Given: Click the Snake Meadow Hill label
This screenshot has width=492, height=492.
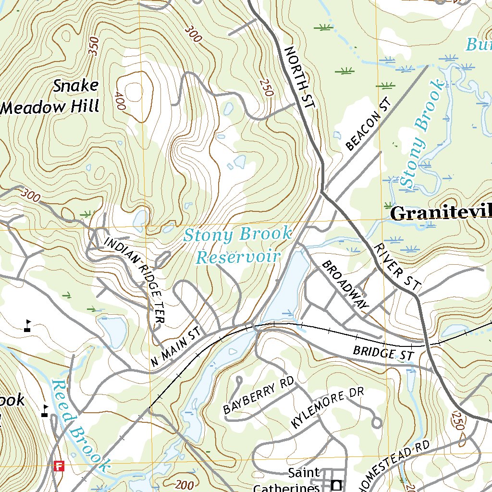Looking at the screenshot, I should (51, 96).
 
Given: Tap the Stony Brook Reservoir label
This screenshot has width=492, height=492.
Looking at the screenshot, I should (238, 246).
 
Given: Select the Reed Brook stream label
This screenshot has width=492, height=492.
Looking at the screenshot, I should (80, 426).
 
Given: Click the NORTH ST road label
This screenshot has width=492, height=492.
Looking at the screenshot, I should (298, 76).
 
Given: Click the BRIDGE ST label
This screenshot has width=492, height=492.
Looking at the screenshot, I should (383, 353).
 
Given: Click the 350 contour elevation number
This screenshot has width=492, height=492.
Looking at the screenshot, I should (93, 46).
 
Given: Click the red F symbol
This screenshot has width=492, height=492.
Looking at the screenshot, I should (60, 466).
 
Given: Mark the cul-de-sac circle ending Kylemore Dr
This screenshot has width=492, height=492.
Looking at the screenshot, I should (377, 423).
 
